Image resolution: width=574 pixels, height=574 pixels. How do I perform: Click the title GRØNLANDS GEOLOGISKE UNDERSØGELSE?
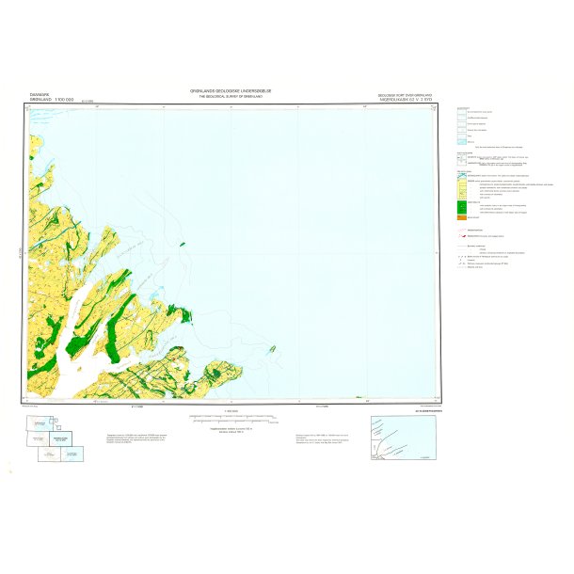pos(234,90)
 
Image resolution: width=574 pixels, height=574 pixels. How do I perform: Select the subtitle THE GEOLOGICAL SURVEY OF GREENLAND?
pos(234,97)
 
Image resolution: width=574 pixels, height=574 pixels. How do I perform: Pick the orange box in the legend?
pos(463,218)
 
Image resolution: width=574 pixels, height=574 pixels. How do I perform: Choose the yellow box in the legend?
pos(463,184)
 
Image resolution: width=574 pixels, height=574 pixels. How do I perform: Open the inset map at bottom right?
pos(404,437)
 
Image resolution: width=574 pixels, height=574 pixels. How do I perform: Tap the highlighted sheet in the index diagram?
pos(60,438)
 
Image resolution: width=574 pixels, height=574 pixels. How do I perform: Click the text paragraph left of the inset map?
pos(325,438)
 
